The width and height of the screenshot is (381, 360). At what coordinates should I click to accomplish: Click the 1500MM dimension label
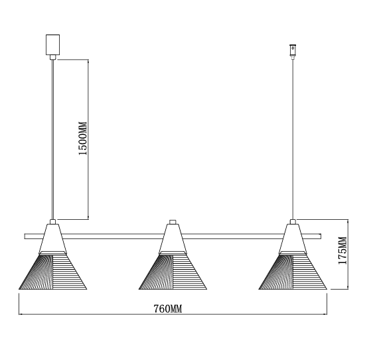click(83, 138)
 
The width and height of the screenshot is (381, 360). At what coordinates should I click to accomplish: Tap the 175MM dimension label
click(343, 250)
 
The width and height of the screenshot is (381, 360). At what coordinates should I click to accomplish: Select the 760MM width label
click(168, 309)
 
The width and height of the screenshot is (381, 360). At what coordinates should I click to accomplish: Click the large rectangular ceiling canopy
click(52, 45)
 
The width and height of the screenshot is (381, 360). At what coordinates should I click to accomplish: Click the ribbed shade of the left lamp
click(52, 271)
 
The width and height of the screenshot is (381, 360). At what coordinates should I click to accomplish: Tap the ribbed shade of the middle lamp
click(173, 271)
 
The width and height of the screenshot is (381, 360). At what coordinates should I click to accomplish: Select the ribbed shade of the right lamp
click(293, 271)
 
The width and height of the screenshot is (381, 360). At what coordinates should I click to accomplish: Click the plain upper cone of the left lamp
click(52, 238)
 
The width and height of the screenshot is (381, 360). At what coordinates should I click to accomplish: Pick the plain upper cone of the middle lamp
click(173, 238)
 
